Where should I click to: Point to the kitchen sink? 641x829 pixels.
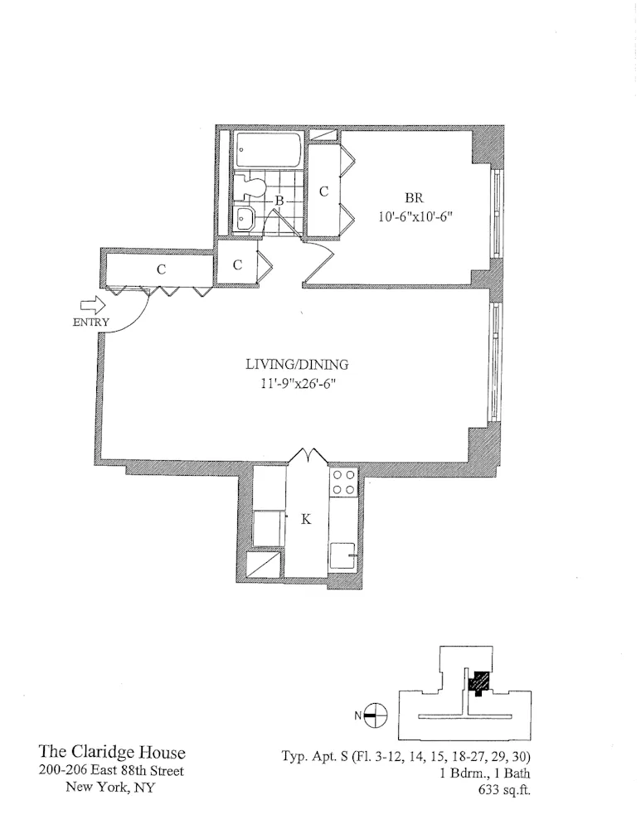point(343,555)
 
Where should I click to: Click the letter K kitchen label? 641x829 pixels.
point(306,520)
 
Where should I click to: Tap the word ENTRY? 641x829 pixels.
point(90,323)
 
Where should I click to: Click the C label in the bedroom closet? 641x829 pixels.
point(324,191)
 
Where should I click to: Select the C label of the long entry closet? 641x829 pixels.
point(163,269)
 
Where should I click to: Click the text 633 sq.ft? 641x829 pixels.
point(508,789)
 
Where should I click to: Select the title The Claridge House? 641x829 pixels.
point(113,753)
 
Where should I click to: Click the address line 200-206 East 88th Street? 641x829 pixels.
point(113,771)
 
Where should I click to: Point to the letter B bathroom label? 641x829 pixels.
point(279,201)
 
